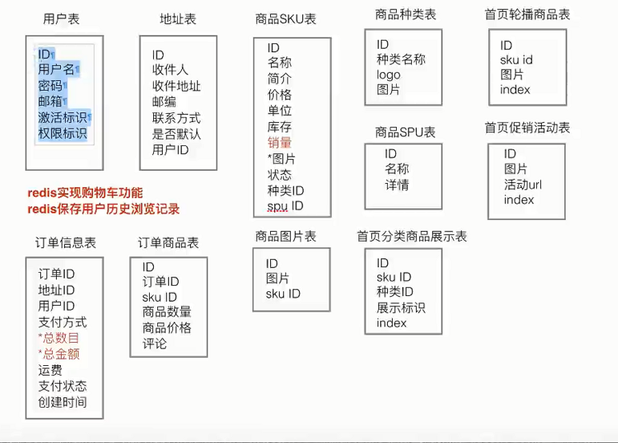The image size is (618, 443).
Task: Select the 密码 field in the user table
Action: click(x=51, y=86)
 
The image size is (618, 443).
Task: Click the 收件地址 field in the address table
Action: click(x=176, y=86)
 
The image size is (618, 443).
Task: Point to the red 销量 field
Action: click(x=280, y=143)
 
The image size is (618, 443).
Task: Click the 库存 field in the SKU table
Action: click(x=280, y=127)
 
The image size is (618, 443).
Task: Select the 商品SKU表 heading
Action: click(x=288, y=19)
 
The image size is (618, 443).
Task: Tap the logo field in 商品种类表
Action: click(x=388, y=75)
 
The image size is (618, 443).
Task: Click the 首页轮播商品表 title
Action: click(x=527, y=15)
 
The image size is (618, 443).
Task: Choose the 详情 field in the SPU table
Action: click(x=397, y=185)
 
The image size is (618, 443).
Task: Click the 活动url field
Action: click(x=523, y=185)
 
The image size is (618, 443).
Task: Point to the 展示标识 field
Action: click(x=401, y=308)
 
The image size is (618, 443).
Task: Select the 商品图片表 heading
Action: click(x=285, y=237)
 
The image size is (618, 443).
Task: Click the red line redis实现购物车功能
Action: click(x=85, y=193)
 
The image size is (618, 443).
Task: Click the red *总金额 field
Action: click(x=59, y=354)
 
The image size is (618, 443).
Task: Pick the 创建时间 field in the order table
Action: click(x=62, y=402)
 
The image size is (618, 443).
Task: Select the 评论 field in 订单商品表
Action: click(x=155, y=343)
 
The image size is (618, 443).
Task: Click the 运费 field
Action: click(x=50, y=370)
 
